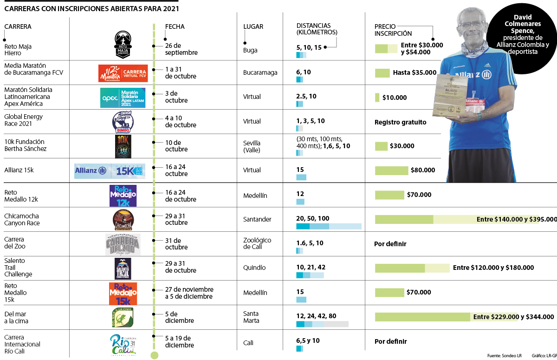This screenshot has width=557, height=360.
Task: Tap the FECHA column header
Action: click(175, 26)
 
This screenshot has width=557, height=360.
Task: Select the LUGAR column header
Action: click(253, 26)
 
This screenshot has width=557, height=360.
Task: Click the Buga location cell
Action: click(250, 50)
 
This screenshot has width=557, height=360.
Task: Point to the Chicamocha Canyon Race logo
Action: click(123, 220)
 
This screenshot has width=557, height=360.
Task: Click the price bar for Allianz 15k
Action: click(391, 170)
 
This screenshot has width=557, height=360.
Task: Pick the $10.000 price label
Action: click(394, 98)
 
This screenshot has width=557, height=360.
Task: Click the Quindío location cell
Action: click(254, 268)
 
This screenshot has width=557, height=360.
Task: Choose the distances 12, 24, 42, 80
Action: click(316, 316)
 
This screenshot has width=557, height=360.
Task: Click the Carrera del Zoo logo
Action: click(123, 244)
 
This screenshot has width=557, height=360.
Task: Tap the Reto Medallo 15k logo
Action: click(123, 293)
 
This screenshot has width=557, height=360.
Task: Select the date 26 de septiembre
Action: click(181, 49)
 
